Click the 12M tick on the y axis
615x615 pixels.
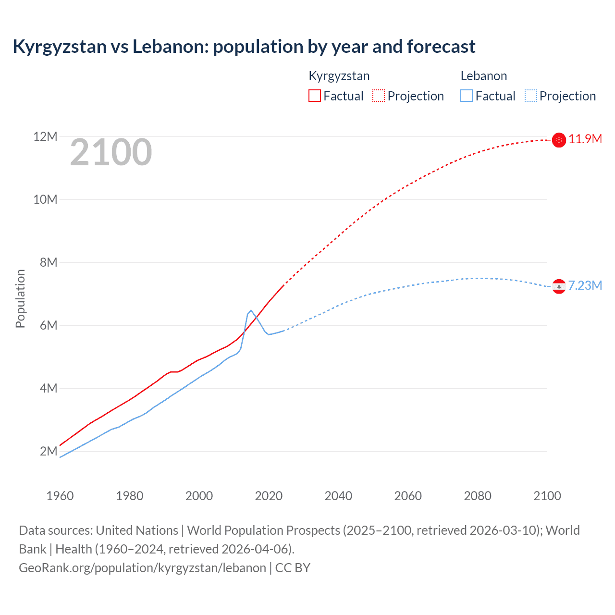tap(45, 137)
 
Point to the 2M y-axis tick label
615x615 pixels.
tap(48, 451)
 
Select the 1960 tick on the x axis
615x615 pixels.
tap(60, 496)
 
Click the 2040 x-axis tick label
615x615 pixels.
tap(338, 496)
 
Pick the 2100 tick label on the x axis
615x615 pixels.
tap(547, 496)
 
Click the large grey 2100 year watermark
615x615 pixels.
tap(111, 152)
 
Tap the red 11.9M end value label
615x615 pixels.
tap(585, 139)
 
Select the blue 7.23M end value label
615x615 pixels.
tap(585, 285)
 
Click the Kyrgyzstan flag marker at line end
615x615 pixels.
tap(559, 140)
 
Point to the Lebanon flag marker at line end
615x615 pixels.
tap(559, 286)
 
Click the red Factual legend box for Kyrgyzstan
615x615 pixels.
tap(315, 96)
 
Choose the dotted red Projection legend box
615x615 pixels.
tap(379, 96)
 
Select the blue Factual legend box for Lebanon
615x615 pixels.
tap(467, 96)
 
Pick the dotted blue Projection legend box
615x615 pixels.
tap(531, 96)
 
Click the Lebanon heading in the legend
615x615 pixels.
tap(483, 76)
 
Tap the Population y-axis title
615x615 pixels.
tap(20, 298)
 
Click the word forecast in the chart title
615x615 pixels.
tap(441, 47)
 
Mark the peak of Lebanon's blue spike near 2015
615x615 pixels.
tap(251, 310)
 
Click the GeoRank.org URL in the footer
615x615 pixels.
tap(142, 568)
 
